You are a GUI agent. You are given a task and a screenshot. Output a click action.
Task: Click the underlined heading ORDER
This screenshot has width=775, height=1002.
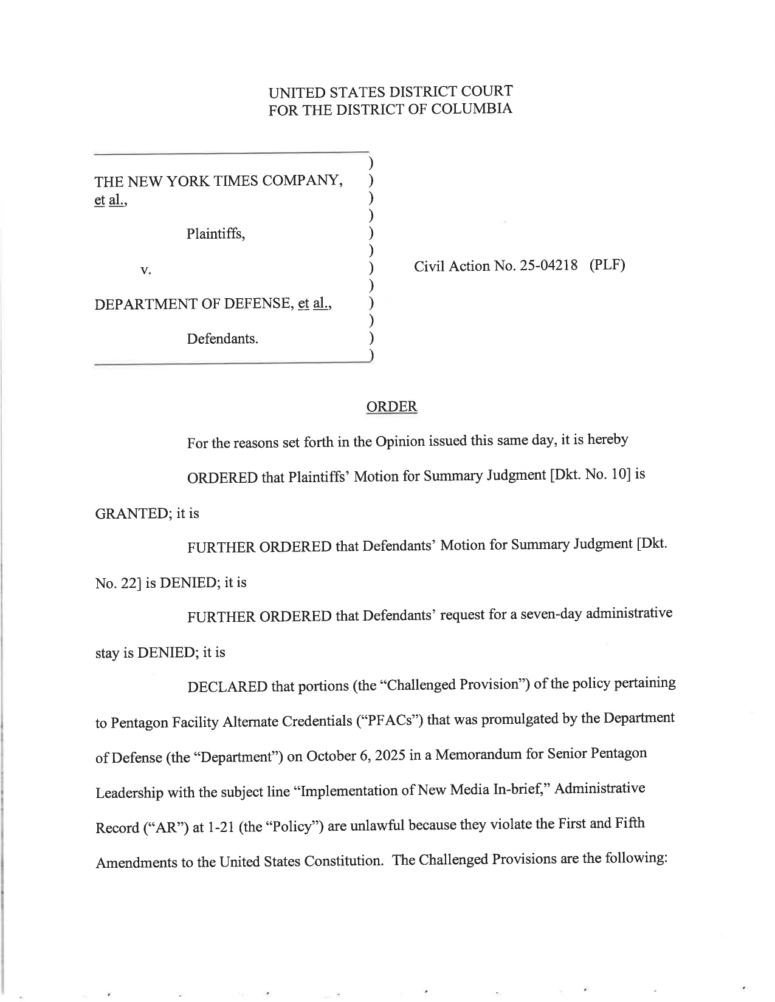click(x=391, y=406)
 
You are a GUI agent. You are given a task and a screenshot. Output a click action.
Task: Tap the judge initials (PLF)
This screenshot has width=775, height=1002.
click(x=607, y=265)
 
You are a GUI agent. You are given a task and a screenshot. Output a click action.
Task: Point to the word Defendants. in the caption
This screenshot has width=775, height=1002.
click(x=222, y=339)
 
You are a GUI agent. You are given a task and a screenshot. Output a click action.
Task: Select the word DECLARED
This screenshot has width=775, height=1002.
click(x=227, y=687)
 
